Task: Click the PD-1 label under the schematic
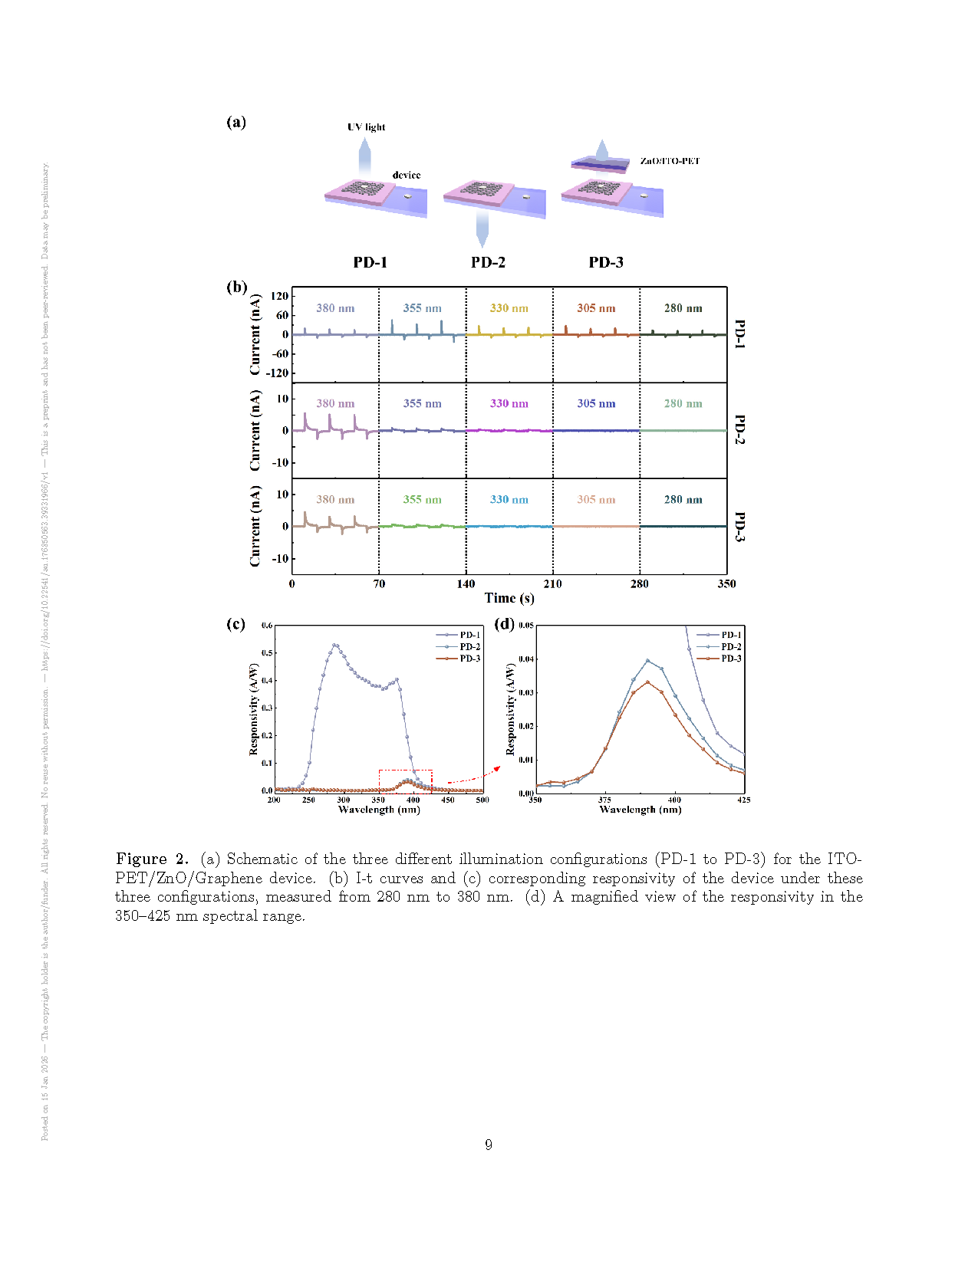coord(370,262)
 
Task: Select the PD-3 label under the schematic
coord(606,262)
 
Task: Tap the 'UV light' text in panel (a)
coord(367,127)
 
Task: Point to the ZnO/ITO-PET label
coord(670,161)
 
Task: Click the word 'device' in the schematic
coord(407,175)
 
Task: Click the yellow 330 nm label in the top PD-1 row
coord(509,308)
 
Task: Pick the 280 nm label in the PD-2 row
coord(683,403)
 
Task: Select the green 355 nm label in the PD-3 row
coord(423,499)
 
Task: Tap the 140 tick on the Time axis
coord(466,584)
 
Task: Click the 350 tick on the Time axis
coord(726,584)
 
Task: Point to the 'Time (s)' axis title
coord(509,599)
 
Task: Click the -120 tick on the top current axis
coord(278,373)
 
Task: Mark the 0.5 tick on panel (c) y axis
coord(267,653)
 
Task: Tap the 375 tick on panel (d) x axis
coord(605,800)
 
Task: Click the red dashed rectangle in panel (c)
coord(405,770)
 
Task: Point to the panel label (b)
coord(236,287)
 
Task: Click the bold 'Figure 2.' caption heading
coord(152,859)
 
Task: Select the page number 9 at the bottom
coord(489,1145)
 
